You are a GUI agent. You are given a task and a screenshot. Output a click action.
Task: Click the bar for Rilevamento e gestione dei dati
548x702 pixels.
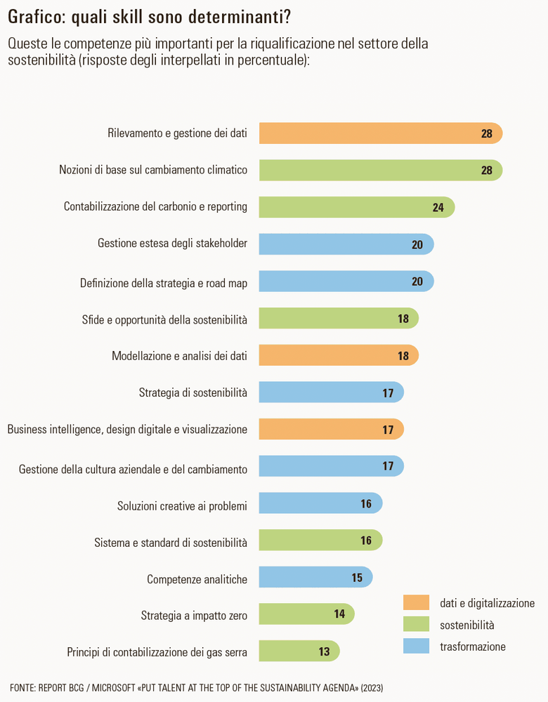(x=379, y=133)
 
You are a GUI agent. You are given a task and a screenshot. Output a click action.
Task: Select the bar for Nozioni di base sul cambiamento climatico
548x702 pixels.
(x=379, y=170)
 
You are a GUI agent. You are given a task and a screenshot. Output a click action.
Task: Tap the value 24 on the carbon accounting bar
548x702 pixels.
(x=438, y=207)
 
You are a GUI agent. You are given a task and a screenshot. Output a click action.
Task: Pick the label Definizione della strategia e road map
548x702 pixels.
(x=164, y=282)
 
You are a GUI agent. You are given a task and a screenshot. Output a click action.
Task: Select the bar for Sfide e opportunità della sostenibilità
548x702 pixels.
(x=338, y=319)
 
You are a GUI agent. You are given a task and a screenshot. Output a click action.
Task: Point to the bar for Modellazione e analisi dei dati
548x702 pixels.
(x=338, y=356)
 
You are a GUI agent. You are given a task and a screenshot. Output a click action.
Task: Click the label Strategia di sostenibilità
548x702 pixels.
(x=193, y=393)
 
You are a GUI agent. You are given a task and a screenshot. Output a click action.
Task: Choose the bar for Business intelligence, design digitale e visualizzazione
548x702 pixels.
(x=330, y=430)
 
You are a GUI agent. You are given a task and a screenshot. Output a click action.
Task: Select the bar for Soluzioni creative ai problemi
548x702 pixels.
(x=320, y=503)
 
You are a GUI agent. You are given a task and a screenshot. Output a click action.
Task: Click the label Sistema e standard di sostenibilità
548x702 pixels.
(x=171, y=543)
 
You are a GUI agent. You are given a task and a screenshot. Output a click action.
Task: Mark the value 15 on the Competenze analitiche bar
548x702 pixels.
(x=357, y=578)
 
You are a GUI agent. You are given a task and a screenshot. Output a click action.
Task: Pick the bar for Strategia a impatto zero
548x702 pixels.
(x=306, y=614)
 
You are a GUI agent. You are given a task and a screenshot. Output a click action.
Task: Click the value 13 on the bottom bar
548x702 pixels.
(x=324, y=651)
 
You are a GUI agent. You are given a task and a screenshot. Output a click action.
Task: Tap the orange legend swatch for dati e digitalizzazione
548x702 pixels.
(x=416, y=602)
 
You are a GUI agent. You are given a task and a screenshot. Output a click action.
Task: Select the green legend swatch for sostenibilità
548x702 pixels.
(x=416, y=624)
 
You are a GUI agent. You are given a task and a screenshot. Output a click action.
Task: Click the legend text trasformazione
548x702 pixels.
(x=473, y=647)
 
